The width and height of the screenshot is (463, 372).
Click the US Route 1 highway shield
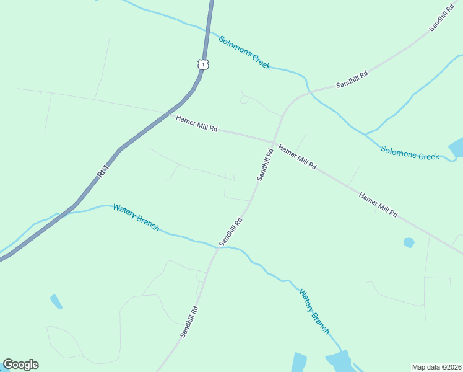(204, 63)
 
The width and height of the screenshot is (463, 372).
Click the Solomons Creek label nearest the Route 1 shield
(244, 52)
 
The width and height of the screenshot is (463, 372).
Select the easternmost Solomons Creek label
(410, 153)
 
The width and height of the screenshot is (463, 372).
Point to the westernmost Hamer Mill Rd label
(196, 123)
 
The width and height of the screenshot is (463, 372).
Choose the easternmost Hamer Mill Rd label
(378, 204)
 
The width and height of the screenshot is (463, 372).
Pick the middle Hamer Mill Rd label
(297, 157)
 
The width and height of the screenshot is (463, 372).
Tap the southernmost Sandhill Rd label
(189, 321)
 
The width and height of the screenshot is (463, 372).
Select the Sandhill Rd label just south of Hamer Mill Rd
(266, 164)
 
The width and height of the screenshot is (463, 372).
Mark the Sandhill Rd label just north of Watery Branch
(230, 231)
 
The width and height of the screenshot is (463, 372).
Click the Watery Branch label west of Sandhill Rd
(136, 217)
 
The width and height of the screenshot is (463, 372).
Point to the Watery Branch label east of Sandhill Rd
(314, 311)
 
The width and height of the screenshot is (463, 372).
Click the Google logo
(20, 365)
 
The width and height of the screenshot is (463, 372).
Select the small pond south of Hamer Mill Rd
(409, 242)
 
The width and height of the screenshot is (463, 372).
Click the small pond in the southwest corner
(56, 302)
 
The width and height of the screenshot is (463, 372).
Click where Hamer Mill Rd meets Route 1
(168, 113)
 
